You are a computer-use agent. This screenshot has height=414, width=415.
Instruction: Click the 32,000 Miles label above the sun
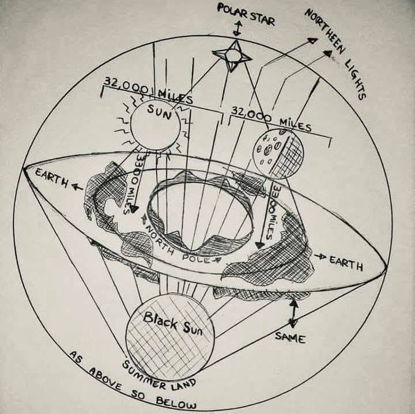[148, 91]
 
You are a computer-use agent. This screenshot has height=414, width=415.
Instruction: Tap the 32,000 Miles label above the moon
[271, 119]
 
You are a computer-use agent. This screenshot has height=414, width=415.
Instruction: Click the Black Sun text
[170, 323]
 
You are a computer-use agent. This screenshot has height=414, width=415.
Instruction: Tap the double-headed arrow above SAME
[293, 313]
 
